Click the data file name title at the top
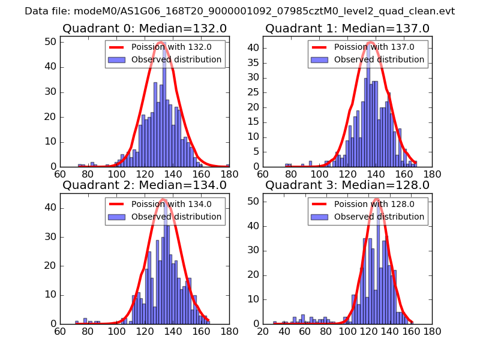pyautogui.click(x=240, y=11)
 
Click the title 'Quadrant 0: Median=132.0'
pyautogui.click(x=144, y=28)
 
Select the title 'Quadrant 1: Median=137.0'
pyautogui.click(x=347, y=28)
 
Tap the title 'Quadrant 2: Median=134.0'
pyautogui.click(x=144, y=185)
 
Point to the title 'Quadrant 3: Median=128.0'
pyautogui.click(x=347, y=185)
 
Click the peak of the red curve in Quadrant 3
pyautogui.click(x=376, y=199)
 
